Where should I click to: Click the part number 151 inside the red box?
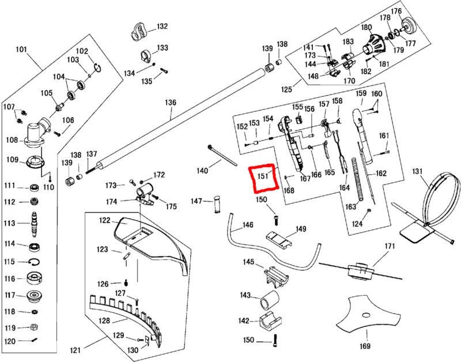click(x=263, y=176)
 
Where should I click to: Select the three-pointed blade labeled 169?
click(x=368, y=315)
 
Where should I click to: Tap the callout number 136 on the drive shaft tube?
click(x=171, y=103)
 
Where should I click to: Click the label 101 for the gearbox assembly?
click(x=21, y=49)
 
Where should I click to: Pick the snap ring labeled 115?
click(x=35, y=262)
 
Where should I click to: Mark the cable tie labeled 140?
click(x=222, y=155)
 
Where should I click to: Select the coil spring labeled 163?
click(x=357, y=180)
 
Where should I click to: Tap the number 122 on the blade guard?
click(x=105, y=220)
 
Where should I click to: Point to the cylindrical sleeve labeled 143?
click(x=269, y=300)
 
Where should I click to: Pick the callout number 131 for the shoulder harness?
click(x=417, y=171)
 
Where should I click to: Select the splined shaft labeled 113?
click(x=35, y=224)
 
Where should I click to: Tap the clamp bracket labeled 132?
click(x=139, y=32)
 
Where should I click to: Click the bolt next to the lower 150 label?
click(x=275, y=341)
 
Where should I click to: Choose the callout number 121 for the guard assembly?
click(x=75, y=350)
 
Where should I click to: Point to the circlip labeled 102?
click(x=97, y=67)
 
